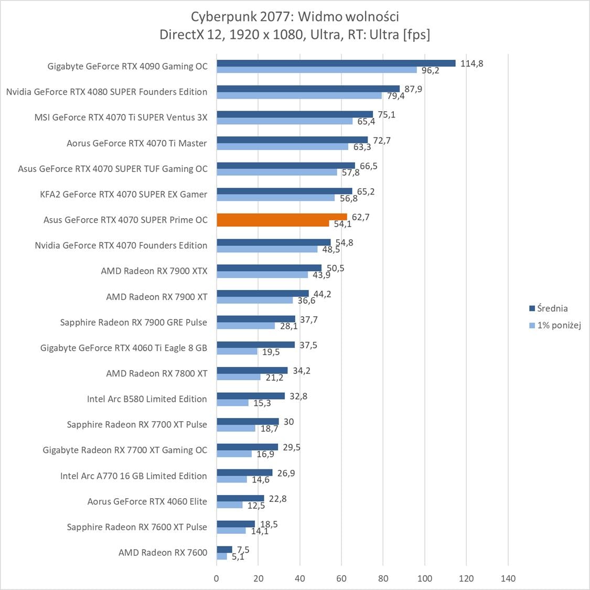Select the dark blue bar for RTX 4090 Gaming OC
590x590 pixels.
(x=336, y=63)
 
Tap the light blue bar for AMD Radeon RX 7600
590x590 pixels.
(x=222, y=556)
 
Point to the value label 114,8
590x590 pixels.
(x=471, y=63)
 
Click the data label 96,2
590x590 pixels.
(x=430, y=70)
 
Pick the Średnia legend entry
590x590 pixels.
(x=552, y=308)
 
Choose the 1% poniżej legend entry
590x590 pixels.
(x=559, y=325)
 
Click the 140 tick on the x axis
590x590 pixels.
(x=508, y=578)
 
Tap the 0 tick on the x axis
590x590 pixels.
(x=217, y=578)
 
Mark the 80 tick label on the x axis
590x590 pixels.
(x=383, y=578)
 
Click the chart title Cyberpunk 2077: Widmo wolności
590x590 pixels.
(x=295, y=17)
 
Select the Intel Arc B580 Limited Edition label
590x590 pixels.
(x=147, y=399)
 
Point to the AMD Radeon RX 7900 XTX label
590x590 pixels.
(x=154, y=271)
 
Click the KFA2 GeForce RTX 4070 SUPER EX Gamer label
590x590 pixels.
(x=124, y=194)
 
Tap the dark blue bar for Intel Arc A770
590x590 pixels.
(x=244, y=473)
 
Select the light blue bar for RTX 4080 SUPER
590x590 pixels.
(x=299, y=95)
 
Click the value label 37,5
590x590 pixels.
(x=308, y=345)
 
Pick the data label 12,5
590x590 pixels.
(x=256, y=506)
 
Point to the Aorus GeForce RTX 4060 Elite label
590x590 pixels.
(x=147, y=501)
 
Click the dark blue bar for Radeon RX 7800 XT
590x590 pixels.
(x=252, y=370)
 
